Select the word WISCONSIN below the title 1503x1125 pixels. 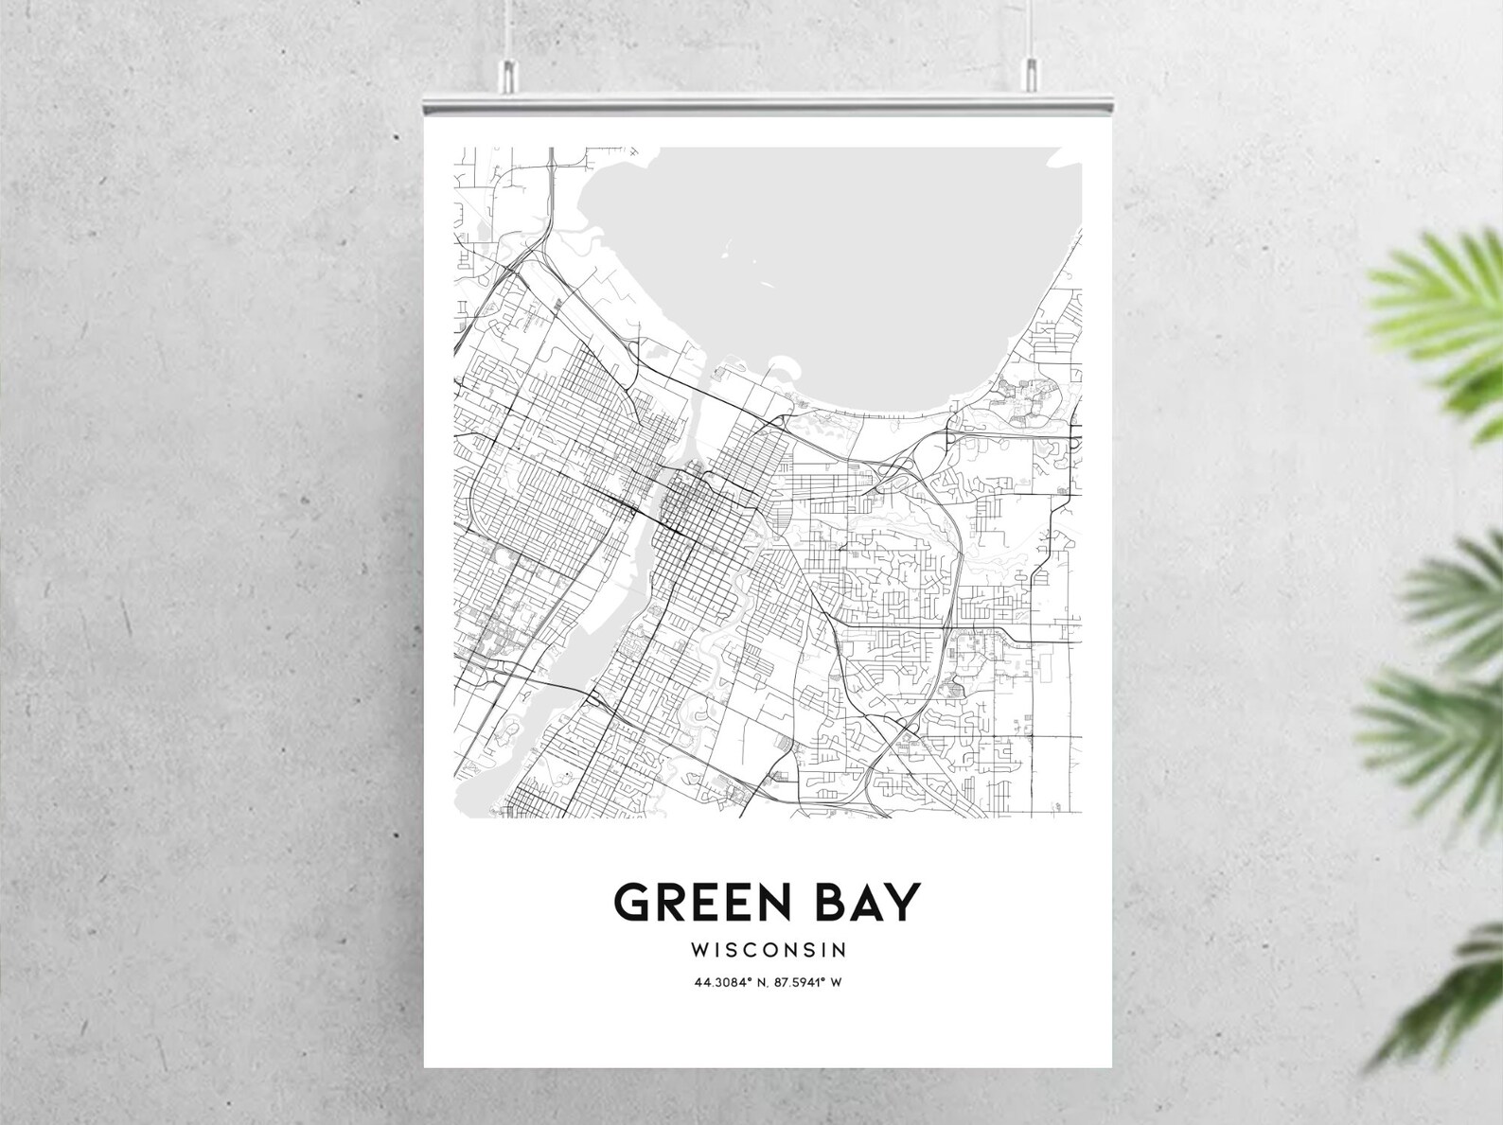[768, 948]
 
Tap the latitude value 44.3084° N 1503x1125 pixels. [731, 982]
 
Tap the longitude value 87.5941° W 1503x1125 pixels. [806, 982]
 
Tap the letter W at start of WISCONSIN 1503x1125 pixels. [700, 948]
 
